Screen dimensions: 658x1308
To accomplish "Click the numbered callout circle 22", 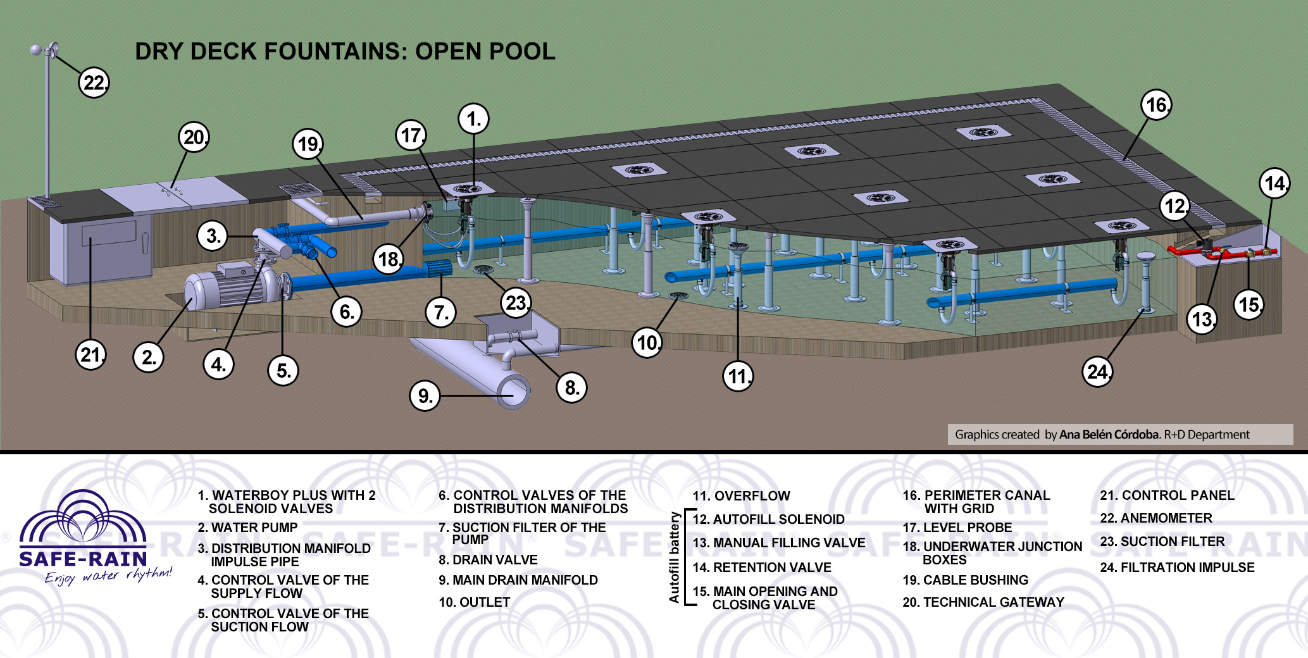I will coord(94,83).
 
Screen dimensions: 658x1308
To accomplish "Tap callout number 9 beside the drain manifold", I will coord(425,396).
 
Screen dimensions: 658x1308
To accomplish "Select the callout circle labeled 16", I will coord(1156,105).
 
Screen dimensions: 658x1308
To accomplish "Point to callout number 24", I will coord(1097,372).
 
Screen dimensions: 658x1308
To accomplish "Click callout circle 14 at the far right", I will coord(1274,183).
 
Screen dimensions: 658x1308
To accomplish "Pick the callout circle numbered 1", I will coord(474,119).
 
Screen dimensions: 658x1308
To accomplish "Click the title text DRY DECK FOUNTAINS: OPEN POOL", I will coord(345,51).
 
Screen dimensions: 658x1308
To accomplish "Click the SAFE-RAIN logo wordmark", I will coord(83,559).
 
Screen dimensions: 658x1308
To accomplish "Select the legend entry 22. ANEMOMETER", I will coord(1156,518).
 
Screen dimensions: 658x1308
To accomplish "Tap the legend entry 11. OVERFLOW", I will coord(741,496).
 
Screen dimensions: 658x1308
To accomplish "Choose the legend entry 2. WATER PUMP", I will coord(247,528).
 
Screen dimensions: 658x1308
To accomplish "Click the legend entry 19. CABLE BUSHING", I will coord(965,580).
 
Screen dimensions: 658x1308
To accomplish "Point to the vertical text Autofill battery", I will coord(675,557).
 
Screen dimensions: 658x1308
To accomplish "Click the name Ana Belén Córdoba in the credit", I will coord(1109,435).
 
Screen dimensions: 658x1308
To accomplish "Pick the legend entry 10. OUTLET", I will coord(475,602).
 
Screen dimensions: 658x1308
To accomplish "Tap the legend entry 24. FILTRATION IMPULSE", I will coord(1177,568).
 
